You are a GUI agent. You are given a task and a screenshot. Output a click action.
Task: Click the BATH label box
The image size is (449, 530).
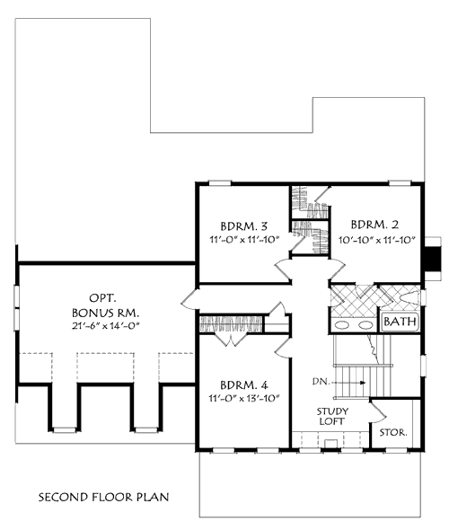point(398,321)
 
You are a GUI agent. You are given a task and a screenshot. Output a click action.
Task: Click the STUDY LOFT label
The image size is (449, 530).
point(332,416)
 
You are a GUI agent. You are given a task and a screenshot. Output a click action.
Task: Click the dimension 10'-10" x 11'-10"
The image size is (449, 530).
point(371,239)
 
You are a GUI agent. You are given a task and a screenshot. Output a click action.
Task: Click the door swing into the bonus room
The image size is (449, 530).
point(189,299)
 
